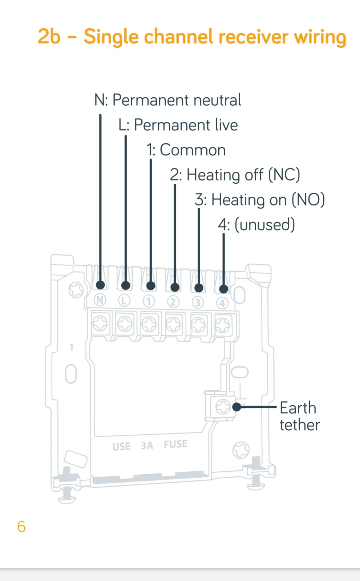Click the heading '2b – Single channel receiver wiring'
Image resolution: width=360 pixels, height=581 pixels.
[192, 37]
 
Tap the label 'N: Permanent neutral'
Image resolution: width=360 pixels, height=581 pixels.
[168, 100]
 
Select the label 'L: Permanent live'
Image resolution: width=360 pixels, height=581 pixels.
[178, 125]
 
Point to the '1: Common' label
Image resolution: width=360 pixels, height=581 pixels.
[186, 150]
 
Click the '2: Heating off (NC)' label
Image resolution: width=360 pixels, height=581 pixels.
[235, 175]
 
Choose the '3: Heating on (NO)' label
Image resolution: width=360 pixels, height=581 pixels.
[259, 200]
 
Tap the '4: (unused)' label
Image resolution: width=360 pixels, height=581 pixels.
[256, 225]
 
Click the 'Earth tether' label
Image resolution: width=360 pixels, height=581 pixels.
[300, 416]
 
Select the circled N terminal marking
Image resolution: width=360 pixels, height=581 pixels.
[100, 300]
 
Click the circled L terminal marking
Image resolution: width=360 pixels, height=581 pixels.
[124, 301]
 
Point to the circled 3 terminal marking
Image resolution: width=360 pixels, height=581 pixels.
[198, 303]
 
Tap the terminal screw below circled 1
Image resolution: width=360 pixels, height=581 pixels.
[149, 324]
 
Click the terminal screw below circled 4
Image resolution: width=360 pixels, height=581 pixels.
[222, 325]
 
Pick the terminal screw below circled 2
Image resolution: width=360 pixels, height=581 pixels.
[173, 325]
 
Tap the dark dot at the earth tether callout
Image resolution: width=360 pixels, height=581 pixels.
[237, 407]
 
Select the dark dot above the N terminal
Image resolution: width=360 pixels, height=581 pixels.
[101, 285]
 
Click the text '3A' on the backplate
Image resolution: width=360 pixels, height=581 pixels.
[147, 445]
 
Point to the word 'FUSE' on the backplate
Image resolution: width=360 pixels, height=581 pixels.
[175, 444]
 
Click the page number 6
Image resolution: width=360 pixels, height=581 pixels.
[21, 527]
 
